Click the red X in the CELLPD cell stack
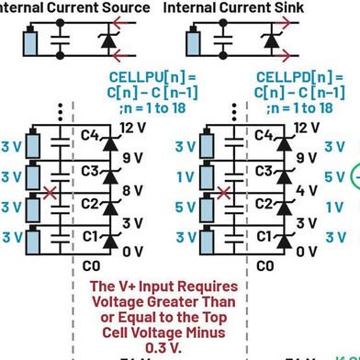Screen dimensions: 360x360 tap(222, 194)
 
